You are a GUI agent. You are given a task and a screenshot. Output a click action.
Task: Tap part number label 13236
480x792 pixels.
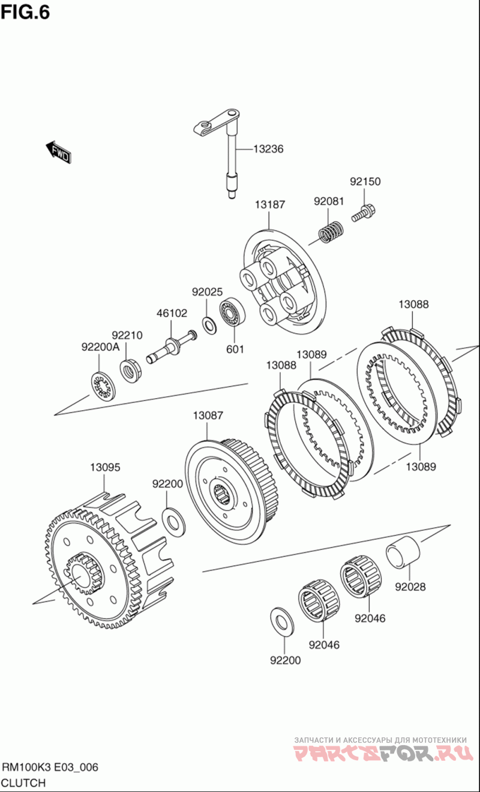tap(268, 149)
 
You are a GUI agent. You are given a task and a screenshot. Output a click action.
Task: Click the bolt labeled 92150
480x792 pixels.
tap(362, 213)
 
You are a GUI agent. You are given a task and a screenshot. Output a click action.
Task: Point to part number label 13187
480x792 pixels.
tap(269, 205)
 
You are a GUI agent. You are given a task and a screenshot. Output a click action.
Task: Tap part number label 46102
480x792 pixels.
tap(172, 313)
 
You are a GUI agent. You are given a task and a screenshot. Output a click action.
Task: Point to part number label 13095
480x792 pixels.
tap(105, 467)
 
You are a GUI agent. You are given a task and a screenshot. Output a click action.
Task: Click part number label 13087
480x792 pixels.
tap(208, 415)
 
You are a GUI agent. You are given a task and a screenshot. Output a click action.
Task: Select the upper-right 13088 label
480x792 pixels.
tap(413, 304)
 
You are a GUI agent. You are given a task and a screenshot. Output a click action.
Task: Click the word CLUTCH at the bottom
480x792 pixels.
tap(24, 782)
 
